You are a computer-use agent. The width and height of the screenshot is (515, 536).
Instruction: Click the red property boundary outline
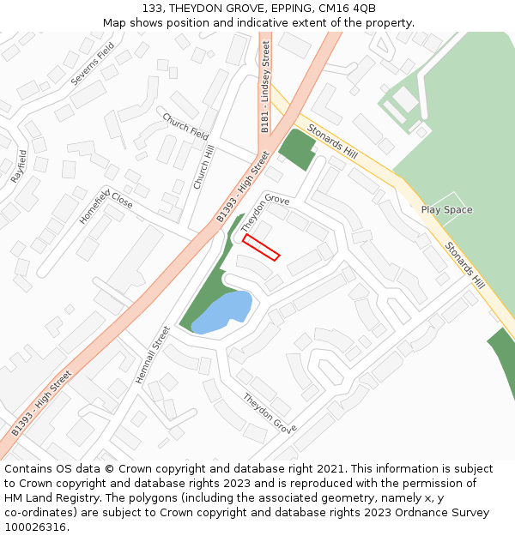(261, 246)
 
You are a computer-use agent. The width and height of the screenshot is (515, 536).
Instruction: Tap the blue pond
(223, 310)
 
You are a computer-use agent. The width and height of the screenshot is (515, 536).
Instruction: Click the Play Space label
(446, 210)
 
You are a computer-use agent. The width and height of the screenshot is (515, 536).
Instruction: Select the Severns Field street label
(93, 63)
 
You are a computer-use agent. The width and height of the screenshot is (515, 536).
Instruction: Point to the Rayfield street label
(19, 166)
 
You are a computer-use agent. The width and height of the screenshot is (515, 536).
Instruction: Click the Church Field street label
(185, 126)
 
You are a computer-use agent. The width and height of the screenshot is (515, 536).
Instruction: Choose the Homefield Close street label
(106, 206)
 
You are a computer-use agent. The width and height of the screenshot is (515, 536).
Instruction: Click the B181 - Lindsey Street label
(265, 87)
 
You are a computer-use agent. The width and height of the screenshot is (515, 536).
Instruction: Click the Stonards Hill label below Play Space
(464, 263)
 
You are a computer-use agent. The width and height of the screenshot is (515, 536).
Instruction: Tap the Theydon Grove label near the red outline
(264, 210)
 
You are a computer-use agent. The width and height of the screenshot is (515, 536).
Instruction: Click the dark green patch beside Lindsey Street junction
(297, 150)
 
